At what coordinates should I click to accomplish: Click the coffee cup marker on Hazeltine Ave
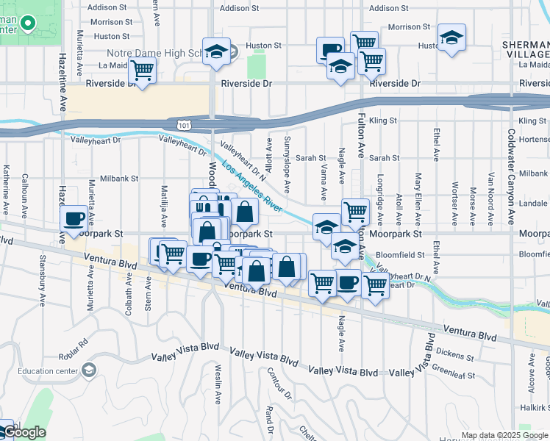coord(74,218)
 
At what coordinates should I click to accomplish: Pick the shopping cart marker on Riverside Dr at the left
coord(141,71)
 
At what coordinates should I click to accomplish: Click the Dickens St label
coord(459,356)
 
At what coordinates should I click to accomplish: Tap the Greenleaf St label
coord(453,371)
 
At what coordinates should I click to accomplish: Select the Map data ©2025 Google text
coord(504,435)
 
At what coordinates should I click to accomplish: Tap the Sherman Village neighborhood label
coord(526,49)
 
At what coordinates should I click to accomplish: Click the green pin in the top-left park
coord(28,25)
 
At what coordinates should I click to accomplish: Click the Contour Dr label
coord(280,384)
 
